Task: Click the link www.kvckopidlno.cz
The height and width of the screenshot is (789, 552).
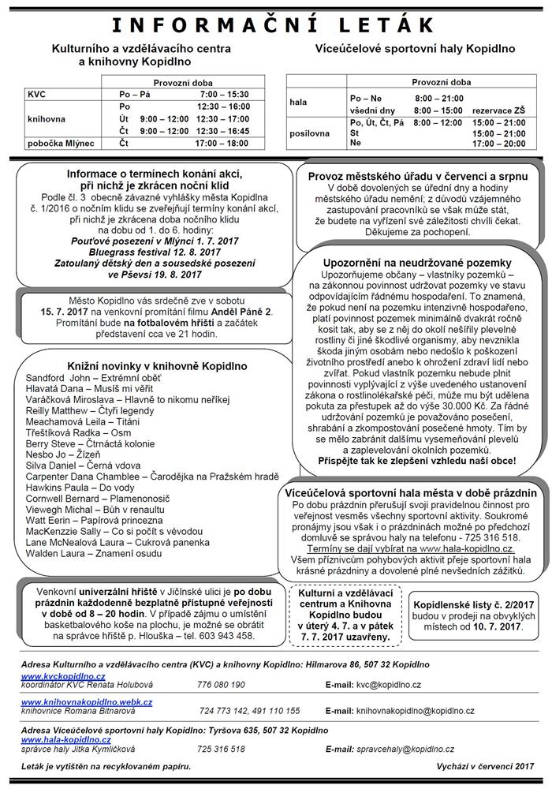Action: (x=63, y=676)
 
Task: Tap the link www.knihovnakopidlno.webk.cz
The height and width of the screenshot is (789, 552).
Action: (x=87, y=701)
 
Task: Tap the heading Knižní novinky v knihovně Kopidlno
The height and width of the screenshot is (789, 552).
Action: (x=136, y=366)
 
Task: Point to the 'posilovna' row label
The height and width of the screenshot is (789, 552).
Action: (x=308, y=133)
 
